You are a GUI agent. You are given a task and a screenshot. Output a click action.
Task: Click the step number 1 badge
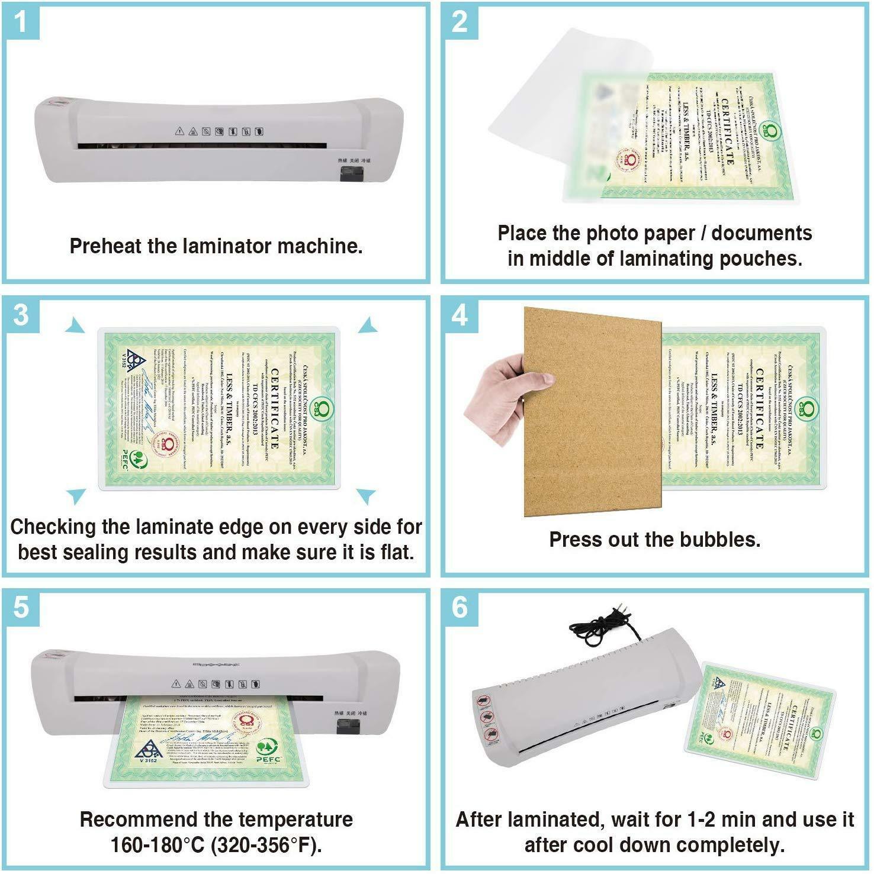tap(21, 22)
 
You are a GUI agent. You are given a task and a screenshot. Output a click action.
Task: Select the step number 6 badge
tap(460, 607)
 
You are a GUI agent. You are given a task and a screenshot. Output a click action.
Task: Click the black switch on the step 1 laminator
tap(351, 174)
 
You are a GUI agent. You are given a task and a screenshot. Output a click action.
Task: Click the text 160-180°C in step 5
tap(157, 845)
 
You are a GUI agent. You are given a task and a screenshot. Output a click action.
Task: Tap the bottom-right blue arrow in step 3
tap(365, 495)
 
